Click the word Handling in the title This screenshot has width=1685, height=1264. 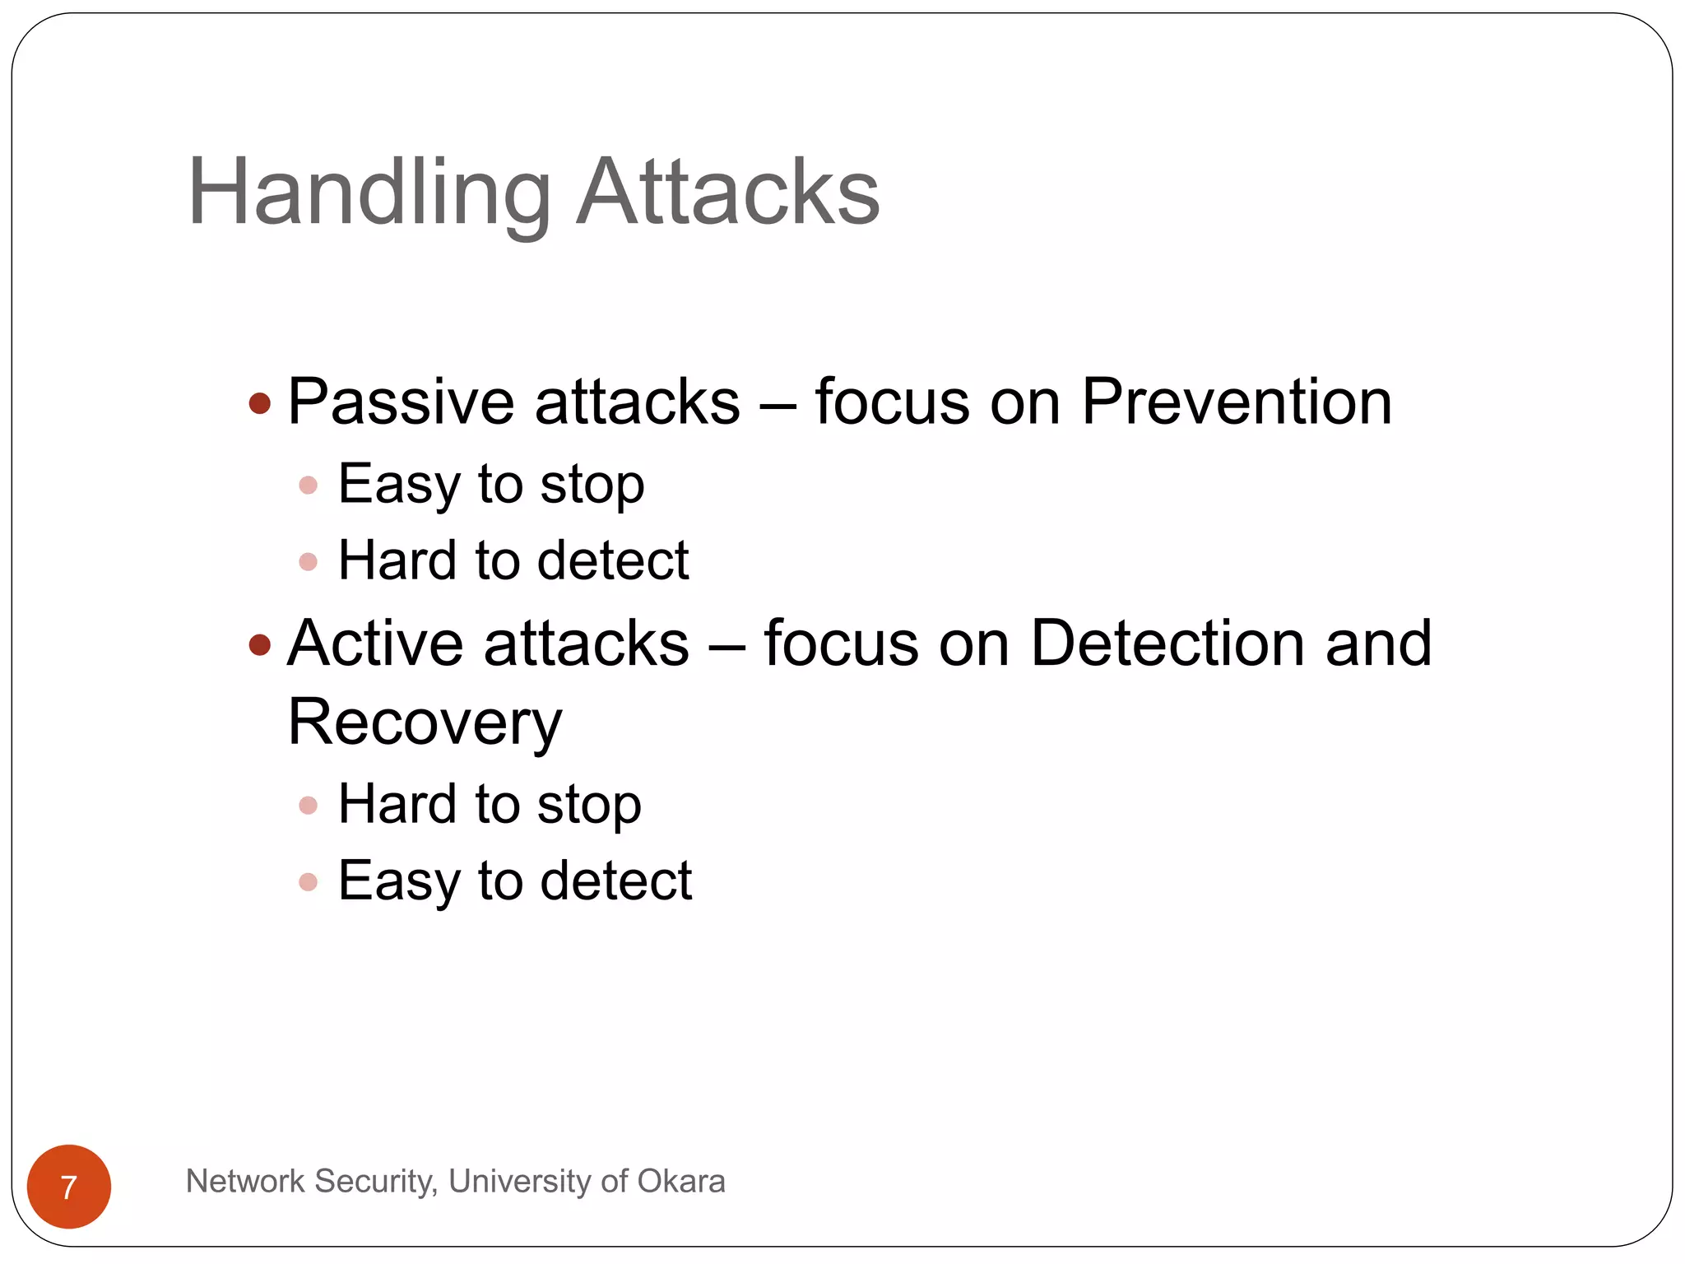pyautogui.click(x=369, y=193)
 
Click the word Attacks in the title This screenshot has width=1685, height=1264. pyautogui.click(x=727, y=193)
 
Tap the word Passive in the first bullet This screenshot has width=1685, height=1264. pyautogui.click(x=401, y=402)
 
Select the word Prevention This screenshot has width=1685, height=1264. pyautogui.click(x=1236, y=402)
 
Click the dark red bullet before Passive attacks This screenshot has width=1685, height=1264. pyautogui.click(x=260, y=403)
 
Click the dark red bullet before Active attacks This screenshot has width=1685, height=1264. pyautogui.click(x=260, y=644)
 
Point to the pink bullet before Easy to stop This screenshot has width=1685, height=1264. pyautogui.click(x=309, y=486)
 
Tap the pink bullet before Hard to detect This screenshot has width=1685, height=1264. pyautogui.click(x=309, y=562)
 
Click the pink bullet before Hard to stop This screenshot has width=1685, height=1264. pyautogui.click(x=309, y=805)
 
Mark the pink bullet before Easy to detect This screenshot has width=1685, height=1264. pyautogui.click(x=309, y=882)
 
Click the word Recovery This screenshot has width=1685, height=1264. pyautogui.click(x=425, y=723)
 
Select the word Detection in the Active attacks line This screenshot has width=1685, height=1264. pyautogui.click(x=1167, y=644)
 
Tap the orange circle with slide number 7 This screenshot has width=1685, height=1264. pyautogui.click(x=69, y=1186)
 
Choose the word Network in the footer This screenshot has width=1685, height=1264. pyautogui.click(x=245, y=1182)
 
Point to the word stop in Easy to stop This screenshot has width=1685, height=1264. pyautogui.click(x=592, y=486)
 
